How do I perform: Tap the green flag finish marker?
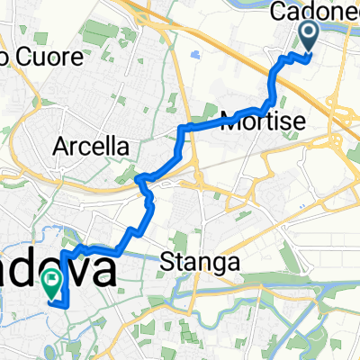coord(51,283)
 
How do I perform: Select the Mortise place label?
coord(260,121)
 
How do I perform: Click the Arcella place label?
coord(91,146)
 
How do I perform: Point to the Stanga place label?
coord(201,264)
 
